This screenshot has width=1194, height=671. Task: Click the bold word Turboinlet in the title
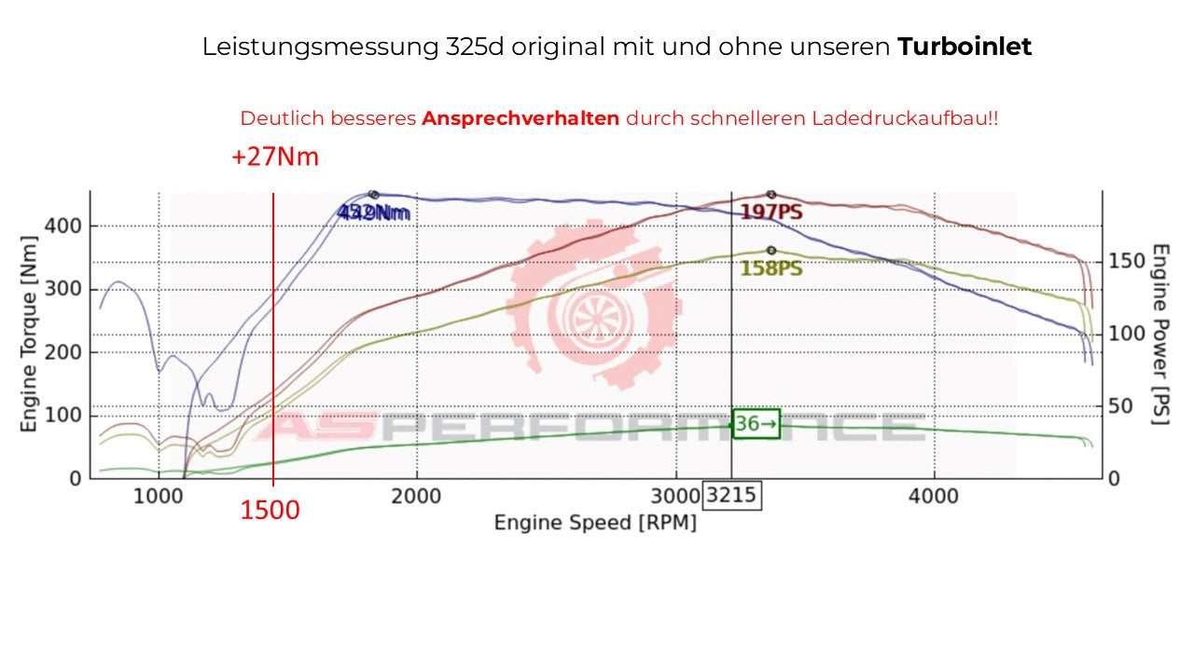(965, 47)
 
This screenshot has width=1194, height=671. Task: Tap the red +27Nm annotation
(275, 157)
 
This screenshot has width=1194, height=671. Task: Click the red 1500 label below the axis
(271, 511)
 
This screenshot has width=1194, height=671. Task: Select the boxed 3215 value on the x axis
(732, 495)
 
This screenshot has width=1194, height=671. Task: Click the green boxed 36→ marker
(756, 424)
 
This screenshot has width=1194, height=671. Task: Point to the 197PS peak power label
(771, 212)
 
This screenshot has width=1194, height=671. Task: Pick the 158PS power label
(771, 268)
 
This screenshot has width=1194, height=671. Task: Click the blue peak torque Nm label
(374, 212)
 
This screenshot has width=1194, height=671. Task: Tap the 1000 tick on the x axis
(159, 495)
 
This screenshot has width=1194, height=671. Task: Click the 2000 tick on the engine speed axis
(416, 495)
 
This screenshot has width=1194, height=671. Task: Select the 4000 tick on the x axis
(934, 495)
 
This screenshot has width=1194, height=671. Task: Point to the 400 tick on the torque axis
(62, 226)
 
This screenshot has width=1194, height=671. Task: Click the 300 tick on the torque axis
(62, 289)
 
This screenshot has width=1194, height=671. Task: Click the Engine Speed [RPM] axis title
(595, 523)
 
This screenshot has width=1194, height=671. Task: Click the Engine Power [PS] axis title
(1160, 334)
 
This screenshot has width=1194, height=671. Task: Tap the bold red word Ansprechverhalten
(521, 119)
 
